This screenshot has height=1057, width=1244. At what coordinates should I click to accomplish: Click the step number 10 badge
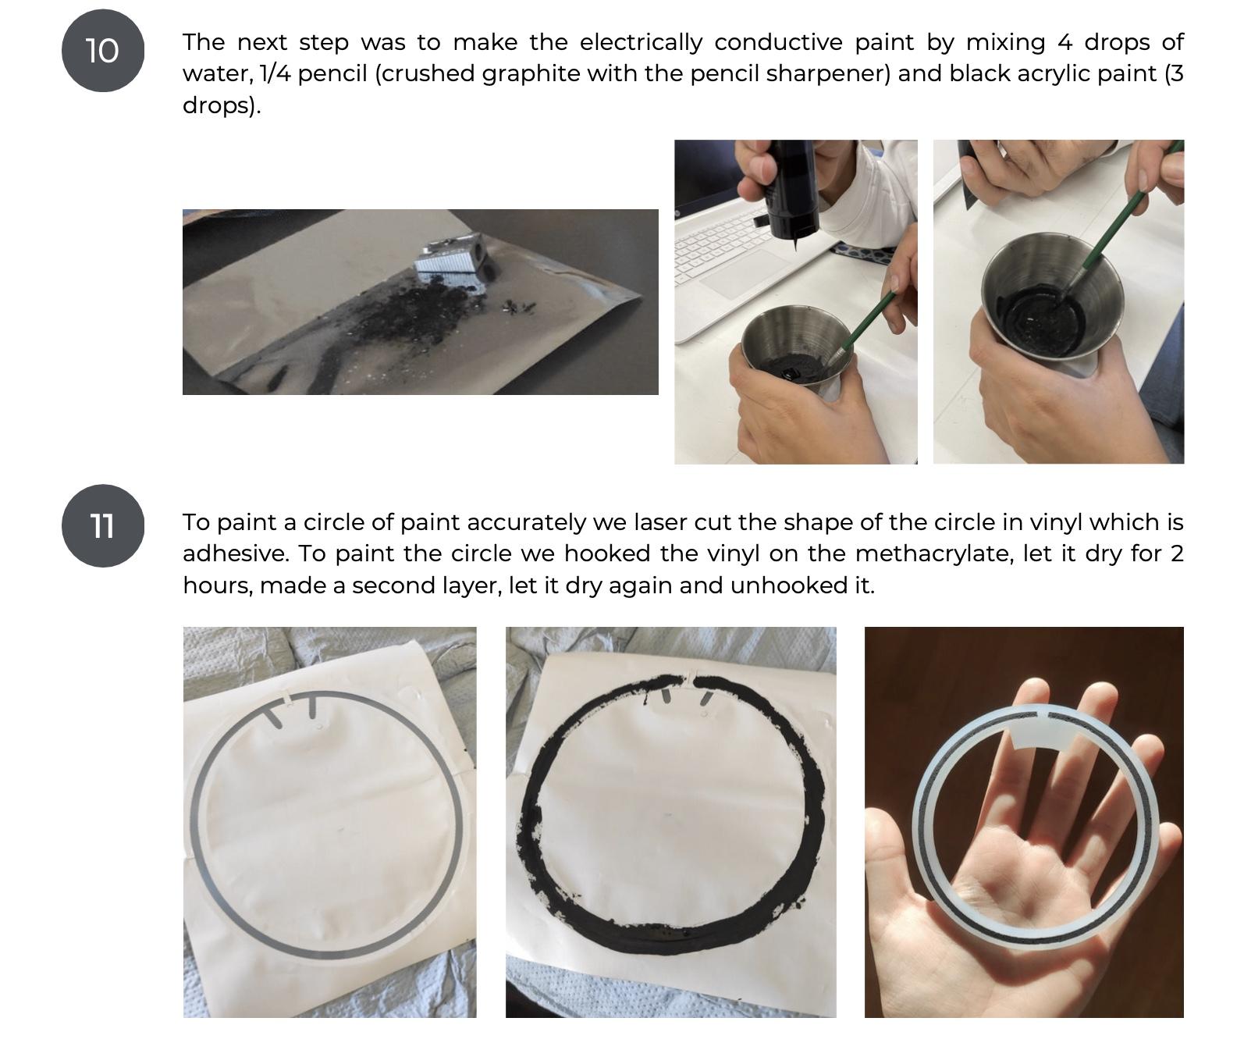coord(103,51)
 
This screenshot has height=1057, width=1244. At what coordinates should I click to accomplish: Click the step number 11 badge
coord(103,526)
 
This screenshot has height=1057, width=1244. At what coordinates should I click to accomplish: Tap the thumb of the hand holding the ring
coord(897,874)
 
